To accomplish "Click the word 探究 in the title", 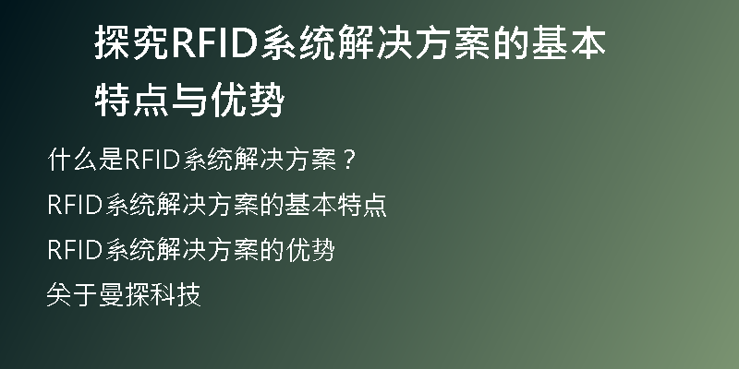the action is click(132, 42).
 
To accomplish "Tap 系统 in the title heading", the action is click(298, 42).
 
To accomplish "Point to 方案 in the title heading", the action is click(454, 42).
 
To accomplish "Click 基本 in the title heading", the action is click(569, 42).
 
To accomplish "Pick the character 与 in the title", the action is click(190, 100).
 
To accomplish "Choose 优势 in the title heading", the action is click(248, 100).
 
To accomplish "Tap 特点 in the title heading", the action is click(132, 100).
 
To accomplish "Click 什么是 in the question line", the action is click(86, 159).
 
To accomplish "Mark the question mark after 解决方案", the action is click(349, 160).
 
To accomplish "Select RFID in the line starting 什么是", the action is click(152, 160).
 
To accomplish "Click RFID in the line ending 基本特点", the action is click(75, 205).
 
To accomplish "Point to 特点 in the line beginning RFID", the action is click(362, 204).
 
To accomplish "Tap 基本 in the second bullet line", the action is click(310, 204).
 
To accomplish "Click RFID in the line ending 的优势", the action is click(75, 249).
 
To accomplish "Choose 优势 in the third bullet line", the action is click(310, 249).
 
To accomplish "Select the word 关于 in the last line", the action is click(72, 294).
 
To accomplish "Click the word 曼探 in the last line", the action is click(124, 294).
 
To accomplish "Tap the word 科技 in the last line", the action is click(176, 294).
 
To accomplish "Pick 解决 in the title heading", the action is click(376, 42).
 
